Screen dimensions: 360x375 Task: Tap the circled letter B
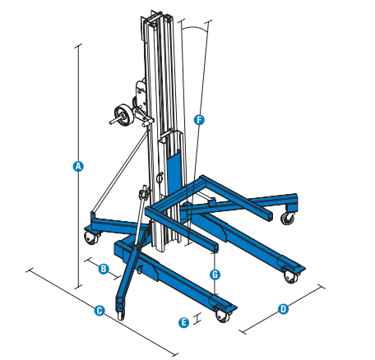tap(104, 268)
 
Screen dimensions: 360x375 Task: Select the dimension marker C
tap(99, 311)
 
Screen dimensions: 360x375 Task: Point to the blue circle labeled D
tap(283, 309)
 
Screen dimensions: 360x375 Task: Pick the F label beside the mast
tap(198, 119)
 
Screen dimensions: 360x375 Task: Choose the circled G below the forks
tap(214, 274)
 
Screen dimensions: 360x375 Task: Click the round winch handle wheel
tap(123, 113)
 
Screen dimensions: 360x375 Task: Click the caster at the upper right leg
tap(288, 218)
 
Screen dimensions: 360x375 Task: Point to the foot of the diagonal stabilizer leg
tap(122, 312)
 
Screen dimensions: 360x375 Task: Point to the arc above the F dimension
tap(194, 28)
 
